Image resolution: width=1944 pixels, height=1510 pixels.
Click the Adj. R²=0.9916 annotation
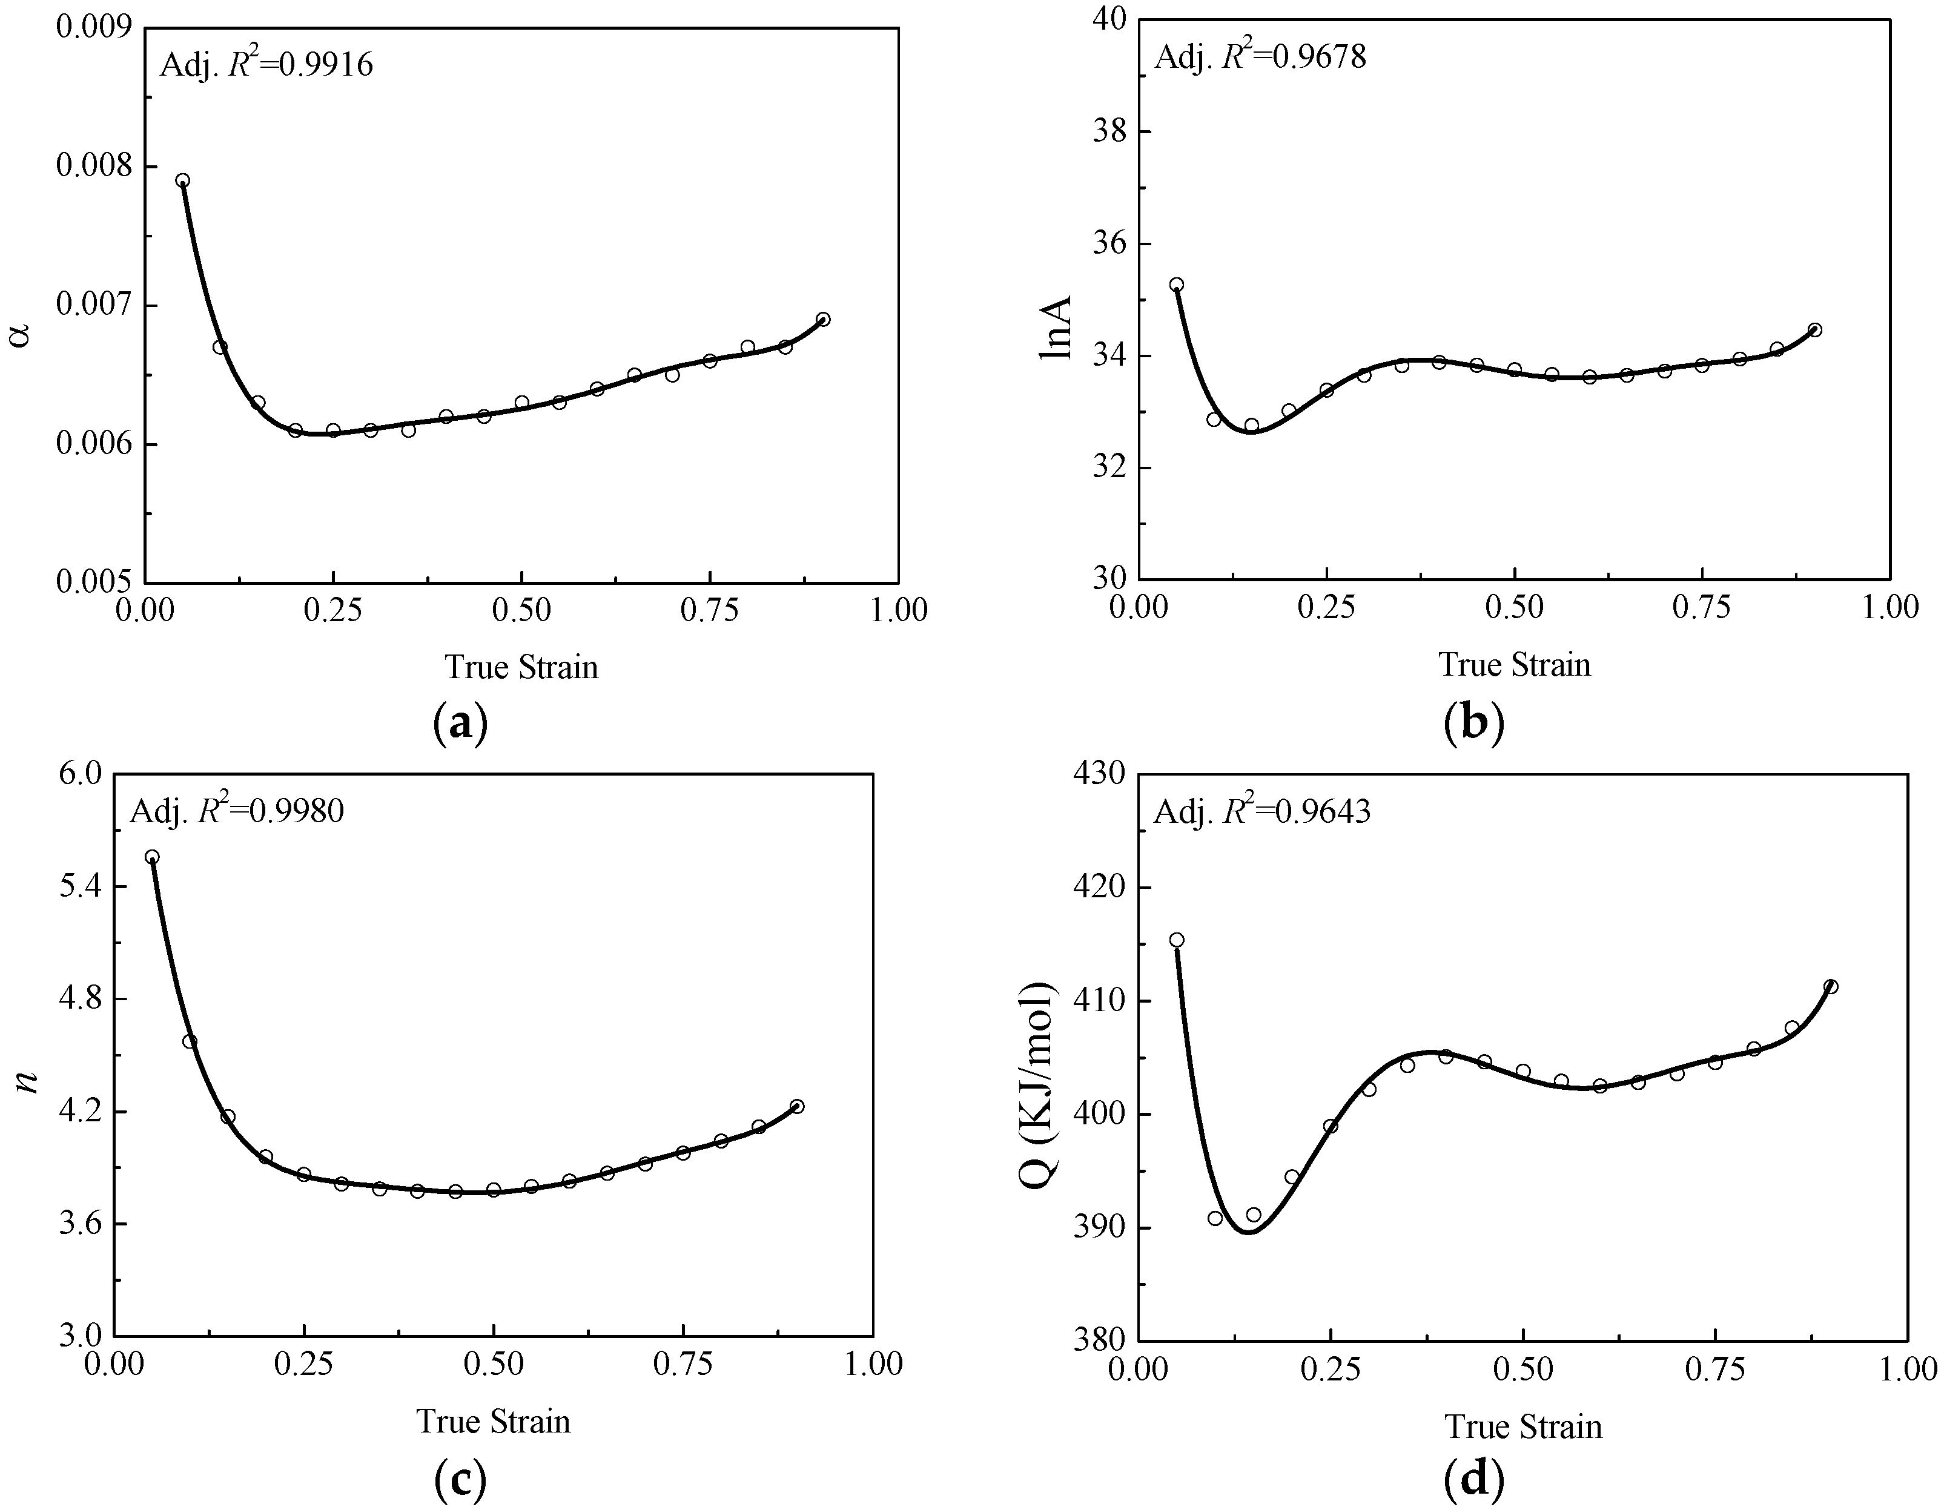click(x=265, y=65)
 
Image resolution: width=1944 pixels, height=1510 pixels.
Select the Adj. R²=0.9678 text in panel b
click(x=1260, y=57)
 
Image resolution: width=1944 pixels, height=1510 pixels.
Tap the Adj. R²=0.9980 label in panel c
click(x=237, y=811)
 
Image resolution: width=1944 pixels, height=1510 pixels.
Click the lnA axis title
click(x=1056, y=328)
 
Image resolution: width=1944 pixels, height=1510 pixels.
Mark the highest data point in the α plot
click(x=182, y=180)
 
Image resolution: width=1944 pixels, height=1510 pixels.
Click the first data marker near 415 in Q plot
click(x=1176, y=940)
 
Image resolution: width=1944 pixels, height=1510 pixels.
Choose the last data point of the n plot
click(x=796, y=1106)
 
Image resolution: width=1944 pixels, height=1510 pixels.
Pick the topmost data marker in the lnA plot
click(x=1176, y=285)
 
